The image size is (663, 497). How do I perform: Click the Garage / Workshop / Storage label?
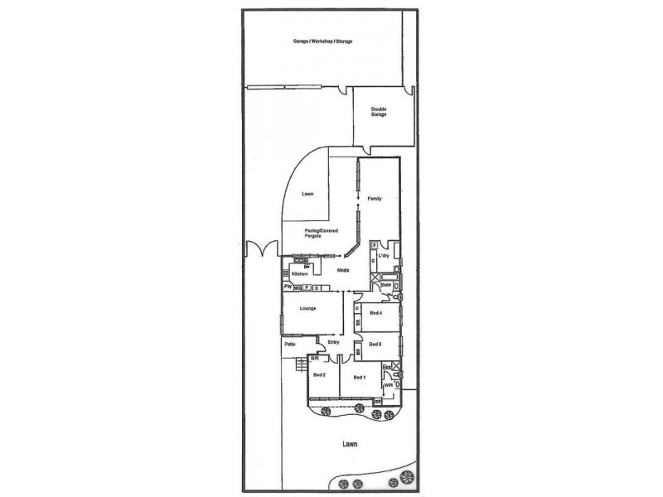[322, 41]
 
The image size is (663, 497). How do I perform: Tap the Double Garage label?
[379, 112]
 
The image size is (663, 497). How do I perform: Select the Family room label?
[375, 199]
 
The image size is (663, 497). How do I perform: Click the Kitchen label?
[299, 273]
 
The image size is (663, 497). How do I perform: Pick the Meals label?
[342, 271]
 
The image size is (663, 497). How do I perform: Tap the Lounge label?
[307, 308]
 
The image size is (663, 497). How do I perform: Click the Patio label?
[290, 343]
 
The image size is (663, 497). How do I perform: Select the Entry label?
[333, 341]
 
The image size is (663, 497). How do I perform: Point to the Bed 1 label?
[359, 377]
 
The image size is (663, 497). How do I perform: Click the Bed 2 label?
[318, 376]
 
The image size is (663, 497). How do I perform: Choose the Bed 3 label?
[375, 344]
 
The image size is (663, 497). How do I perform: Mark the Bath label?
[385, 286]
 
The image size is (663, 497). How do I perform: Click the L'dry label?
[383, 256]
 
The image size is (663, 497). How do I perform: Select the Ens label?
[385, 366]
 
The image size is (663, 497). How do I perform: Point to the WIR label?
[386, 386]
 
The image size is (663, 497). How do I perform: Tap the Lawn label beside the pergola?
[307, 194]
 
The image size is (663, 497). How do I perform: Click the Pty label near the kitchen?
[288, 287]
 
